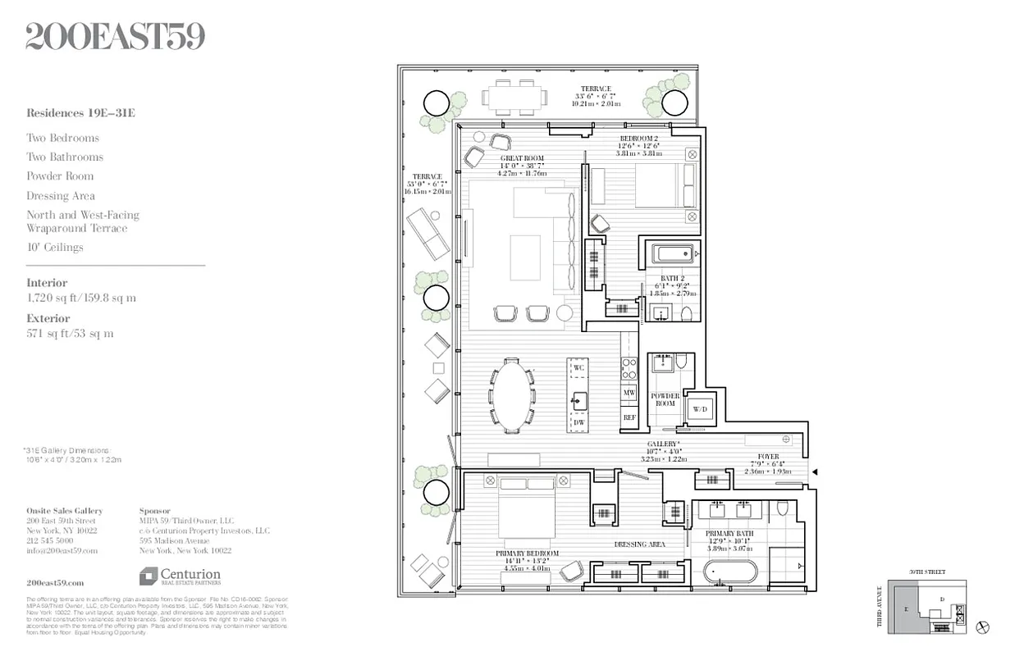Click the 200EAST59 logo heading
tap(115, 36)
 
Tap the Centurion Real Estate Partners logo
tap(180, 576)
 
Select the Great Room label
tap(521, 158)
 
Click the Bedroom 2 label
tap(638, 139)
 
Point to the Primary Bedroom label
tap(527, 553)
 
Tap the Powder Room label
tap(665, 399)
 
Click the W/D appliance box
tap(700, 408)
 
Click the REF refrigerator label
tap(629, 417)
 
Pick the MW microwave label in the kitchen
tap(629, 393)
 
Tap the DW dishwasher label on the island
tap(578, 422)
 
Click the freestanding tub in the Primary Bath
tap(730, 572)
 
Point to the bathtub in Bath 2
tap(673, 254)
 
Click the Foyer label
tap(768, 456)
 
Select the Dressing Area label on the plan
tap(640, 544)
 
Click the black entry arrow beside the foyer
tap(815, 471)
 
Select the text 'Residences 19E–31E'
tap(80, 113)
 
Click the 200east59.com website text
tap(55, 581)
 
